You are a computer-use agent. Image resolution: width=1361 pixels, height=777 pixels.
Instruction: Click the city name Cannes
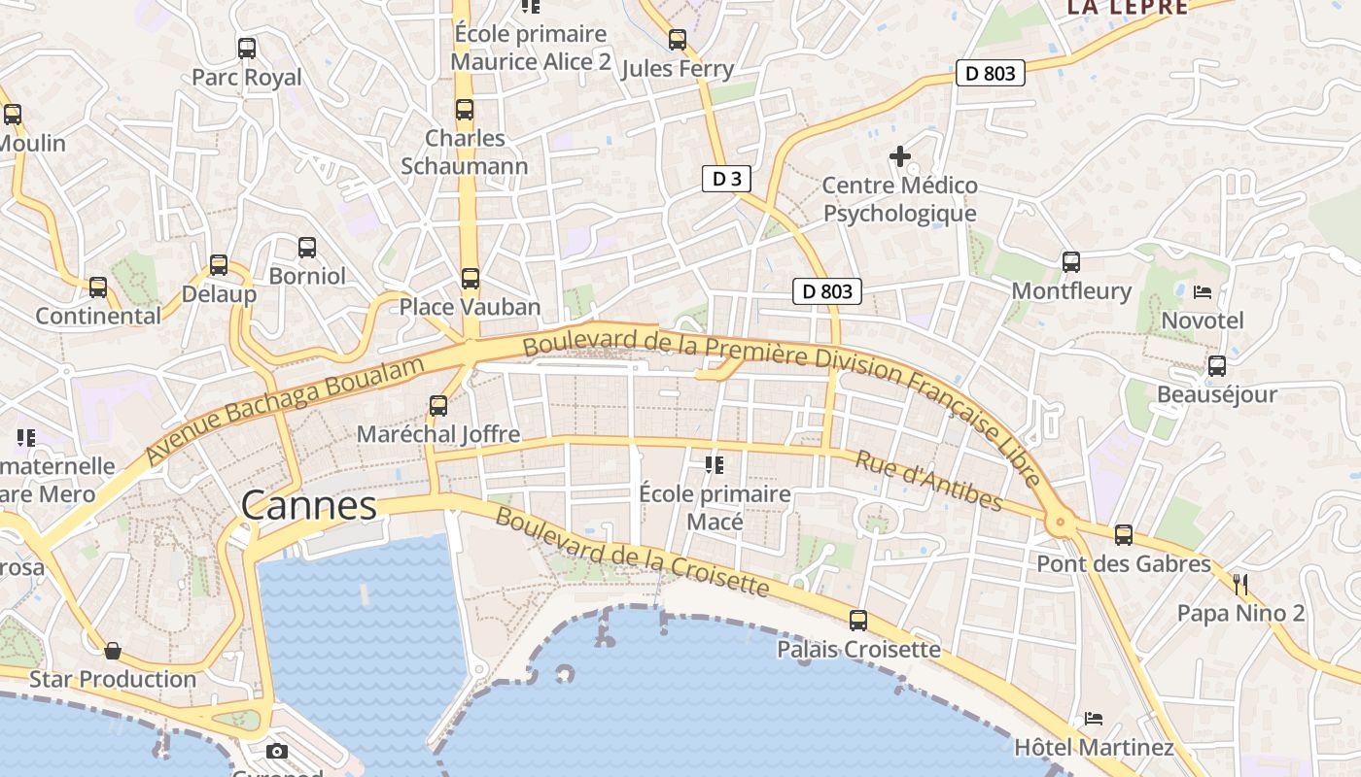point(308,505)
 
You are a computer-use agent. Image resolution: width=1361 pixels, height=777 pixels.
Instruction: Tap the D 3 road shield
point(726,178)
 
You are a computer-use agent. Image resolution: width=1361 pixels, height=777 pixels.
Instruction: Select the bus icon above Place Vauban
point(471,279)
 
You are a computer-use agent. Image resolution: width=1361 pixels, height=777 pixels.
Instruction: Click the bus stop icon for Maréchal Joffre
point(438,406)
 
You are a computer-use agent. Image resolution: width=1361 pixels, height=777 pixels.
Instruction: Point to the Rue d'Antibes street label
point(927,480)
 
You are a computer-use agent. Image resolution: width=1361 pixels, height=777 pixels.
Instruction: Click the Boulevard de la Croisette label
point(632,551)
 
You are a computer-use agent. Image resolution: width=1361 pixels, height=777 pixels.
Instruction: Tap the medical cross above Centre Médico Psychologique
point(900,155)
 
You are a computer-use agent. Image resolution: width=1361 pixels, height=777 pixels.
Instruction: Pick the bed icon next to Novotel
point(1203,291)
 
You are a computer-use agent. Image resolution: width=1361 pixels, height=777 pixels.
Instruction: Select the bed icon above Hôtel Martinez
point(1094,719)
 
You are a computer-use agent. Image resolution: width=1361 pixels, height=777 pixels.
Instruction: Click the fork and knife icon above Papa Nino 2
point(1239,584)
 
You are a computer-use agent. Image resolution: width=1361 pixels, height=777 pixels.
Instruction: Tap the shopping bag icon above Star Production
point(113,650)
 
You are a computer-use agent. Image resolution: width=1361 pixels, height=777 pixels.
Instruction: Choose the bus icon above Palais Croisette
point(858,621)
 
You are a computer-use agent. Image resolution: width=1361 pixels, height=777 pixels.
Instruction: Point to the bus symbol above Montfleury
point(1070,261)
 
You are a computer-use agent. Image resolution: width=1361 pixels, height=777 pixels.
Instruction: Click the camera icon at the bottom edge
point(277,751)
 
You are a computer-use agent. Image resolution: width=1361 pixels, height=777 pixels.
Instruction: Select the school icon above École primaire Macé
point(715,465)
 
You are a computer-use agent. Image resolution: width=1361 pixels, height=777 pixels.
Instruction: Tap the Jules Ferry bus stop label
point(677,69)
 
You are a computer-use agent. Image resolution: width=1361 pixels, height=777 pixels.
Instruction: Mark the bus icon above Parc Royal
point(247,48)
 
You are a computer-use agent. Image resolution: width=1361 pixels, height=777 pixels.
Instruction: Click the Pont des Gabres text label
point(1124,563)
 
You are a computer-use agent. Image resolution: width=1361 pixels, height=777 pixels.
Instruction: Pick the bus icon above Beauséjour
point(1216,366)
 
